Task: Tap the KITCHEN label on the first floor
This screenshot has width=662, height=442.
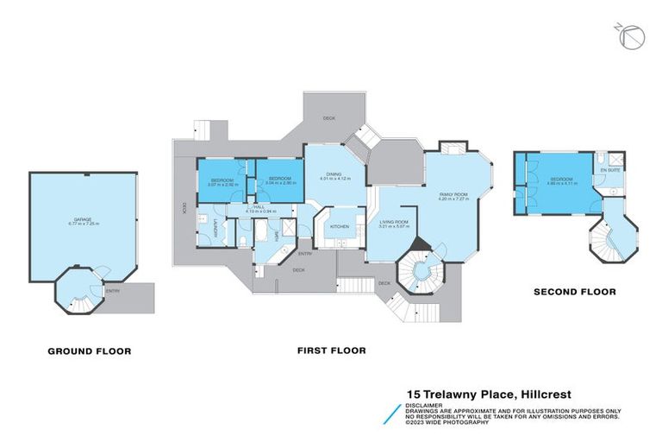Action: click(x=339, y=226)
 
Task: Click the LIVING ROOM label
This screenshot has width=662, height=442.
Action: click(x=394, y=223)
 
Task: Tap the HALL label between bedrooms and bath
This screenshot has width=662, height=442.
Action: click(x=259, y=207)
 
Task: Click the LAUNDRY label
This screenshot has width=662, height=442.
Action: click(x=216, y=229)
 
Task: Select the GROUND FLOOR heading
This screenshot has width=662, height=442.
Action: click(x=90, y=351)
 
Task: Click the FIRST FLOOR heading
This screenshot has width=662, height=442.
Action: click(x=332, y=350)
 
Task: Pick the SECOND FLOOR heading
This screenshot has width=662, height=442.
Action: click(x=574, y=292)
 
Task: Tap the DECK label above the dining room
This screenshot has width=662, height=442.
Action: click(x=328, y=117)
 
